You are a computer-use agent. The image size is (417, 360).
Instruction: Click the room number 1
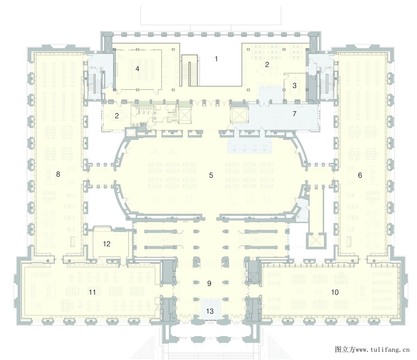(216, 59)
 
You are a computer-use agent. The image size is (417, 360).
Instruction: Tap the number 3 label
(294, 86)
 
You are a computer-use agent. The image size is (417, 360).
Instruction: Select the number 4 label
(137, 69)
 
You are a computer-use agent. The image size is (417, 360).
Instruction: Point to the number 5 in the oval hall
(211, 175)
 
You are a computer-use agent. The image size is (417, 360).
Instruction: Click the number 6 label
(360, 175)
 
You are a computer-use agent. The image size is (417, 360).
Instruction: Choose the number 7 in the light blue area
(294, 114)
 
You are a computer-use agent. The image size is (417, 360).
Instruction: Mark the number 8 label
(58, 174)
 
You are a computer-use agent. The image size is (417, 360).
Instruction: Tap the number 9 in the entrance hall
(209, 284)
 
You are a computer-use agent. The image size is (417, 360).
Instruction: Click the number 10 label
(335, 293)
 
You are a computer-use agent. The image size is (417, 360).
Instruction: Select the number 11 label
(92, 293)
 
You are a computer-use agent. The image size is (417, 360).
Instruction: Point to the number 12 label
(106, 244)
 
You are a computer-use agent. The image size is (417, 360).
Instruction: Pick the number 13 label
(210, 311)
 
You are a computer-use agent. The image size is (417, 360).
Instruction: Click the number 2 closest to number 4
(116, 116)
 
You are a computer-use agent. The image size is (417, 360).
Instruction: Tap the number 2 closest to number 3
(267, 65)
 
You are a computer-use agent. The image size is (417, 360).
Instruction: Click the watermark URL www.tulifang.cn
(383, 350)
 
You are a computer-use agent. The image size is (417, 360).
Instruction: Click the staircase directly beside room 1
(190, 70)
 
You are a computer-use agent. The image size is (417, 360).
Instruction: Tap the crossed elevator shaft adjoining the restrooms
(184, 115)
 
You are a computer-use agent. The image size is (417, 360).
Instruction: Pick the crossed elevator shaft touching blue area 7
(240, 115)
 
